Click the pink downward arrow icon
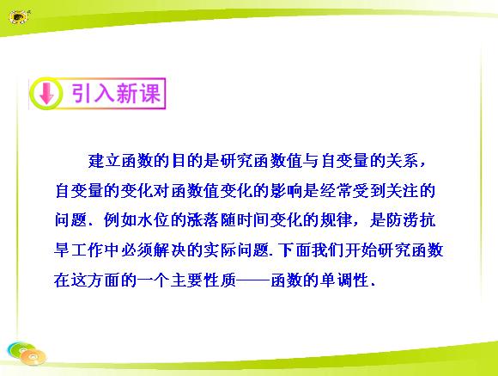pos(46,93)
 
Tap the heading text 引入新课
pos(116,94)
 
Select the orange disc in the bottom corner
pos(33,357)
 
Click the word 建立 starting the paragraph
pos(105,160)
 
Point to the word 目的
pos(187,160)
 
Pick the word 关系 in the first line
pos(402,160)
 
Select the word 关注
pos(402,191)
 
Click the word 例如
pos(119,220)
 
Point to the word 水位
pos(153,220)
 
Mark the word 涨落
pos(203,220)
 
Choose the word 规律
pos(336,220)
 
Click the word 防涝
pos(402,220)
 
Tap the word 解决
pos(169,250)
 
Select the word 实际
pos(220,250)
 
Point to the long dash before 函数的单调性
pos(253,280)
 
